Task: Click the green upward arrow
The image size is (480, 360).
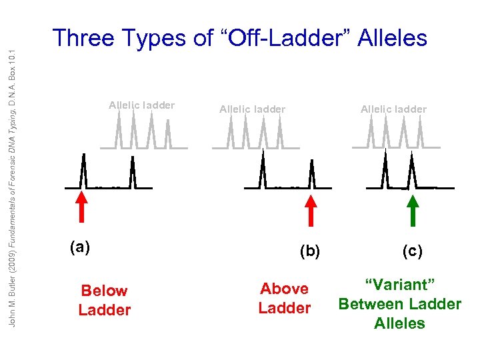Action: (x=413, y=210)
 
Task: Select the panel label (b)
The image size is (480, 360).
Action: (x=310, y=251)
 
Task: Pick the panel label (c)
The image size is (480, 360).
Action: (x=412, y=251)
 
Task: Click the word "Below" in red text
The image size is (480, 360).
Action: (x=104, y=291)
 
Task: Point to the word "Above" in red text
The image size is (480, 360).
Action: (x=285, y=289)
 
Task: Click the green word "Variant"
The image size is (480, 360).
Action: (x=400, y=285)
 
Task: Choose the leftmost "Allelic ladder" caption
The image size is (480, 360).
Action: (x=142, y=105)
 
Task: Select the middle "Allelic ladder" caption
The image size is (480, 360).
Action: (x=252, y=109)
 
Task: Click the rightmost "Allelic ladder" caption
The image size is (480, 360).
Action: (x=393, y=109)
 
